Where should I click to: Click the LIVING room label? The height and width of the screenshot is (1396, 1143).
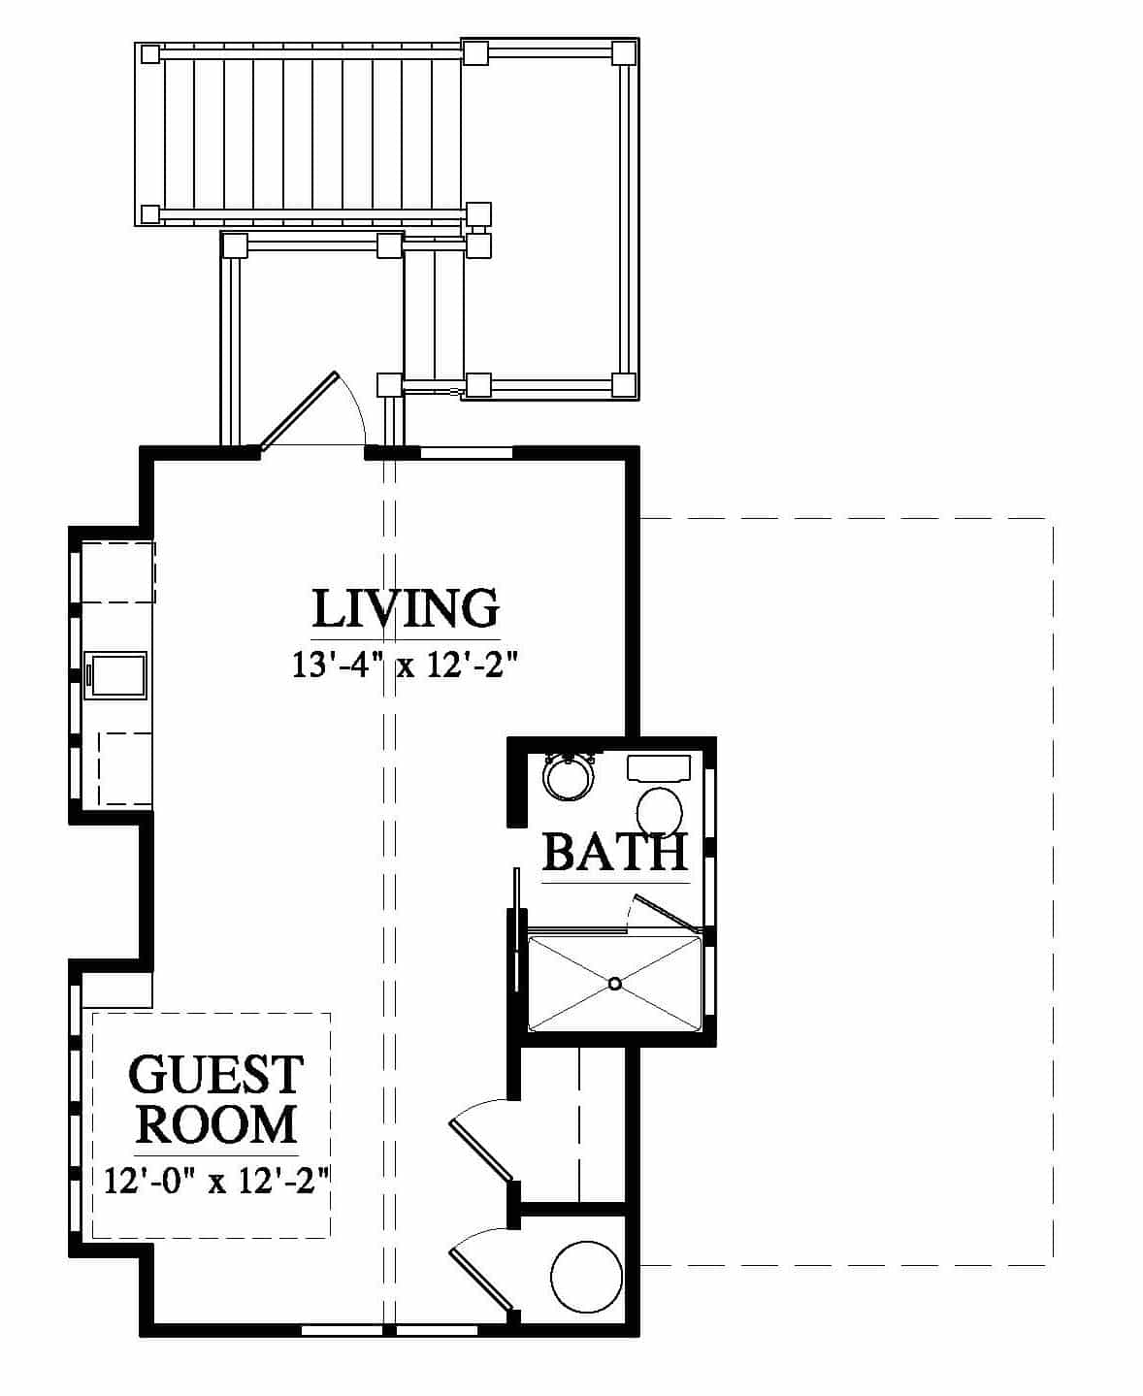pos(406,608)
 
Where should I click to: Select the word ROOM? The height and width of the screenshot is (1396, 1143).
pos(215,1124)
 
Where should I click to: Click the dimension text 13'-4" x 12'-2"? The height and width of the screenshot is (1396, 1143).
pos(404,666)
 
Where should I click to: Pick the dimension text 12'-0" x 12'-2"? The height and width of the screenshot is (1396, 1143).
pos(217,1181)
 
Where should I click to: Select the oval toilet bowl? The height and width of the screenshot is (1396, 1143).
pos(660,812)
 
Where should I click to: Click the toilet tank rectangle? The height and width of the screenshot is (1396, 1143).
pos(659,767)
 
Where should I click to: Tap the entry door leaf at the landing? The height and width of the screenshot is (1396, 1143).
pos(299,411)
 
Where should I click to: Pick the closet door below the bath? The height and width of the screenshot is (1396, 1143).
pos(481,1149)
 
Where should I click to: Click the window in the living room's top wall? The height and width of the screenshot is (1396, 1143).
pos(467,453)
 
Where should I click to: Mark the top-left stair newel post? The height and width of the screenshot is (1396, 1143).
pos(150,53)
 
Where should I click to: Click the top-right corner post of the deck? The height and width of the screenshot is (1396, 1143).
pos(623,53)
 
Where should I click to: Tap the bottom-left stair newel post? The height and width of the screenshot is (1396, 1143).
pos(150,214)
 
